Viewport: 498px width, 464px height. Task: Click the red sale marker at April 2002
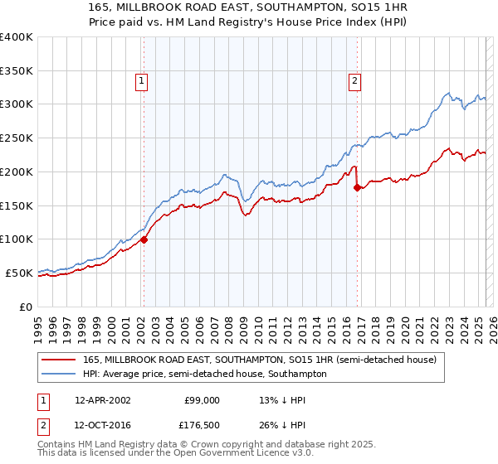point(144,239)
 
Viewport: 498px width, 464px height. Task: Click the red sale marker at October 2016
point(357,188)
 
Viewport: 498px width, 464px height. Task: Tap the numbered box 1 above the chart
point(143,81)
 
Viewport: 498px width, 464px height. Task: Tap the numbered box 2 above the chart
point(354,81)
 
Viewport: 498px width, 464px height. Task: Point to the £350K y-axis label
point(17,71)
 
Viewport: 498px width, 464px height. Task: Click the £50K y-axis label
point(20,273)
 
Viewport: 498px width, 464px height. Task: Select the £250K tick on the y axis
point(17,138)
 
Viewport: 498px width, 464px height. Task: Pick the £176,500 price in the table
point(202,424)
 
